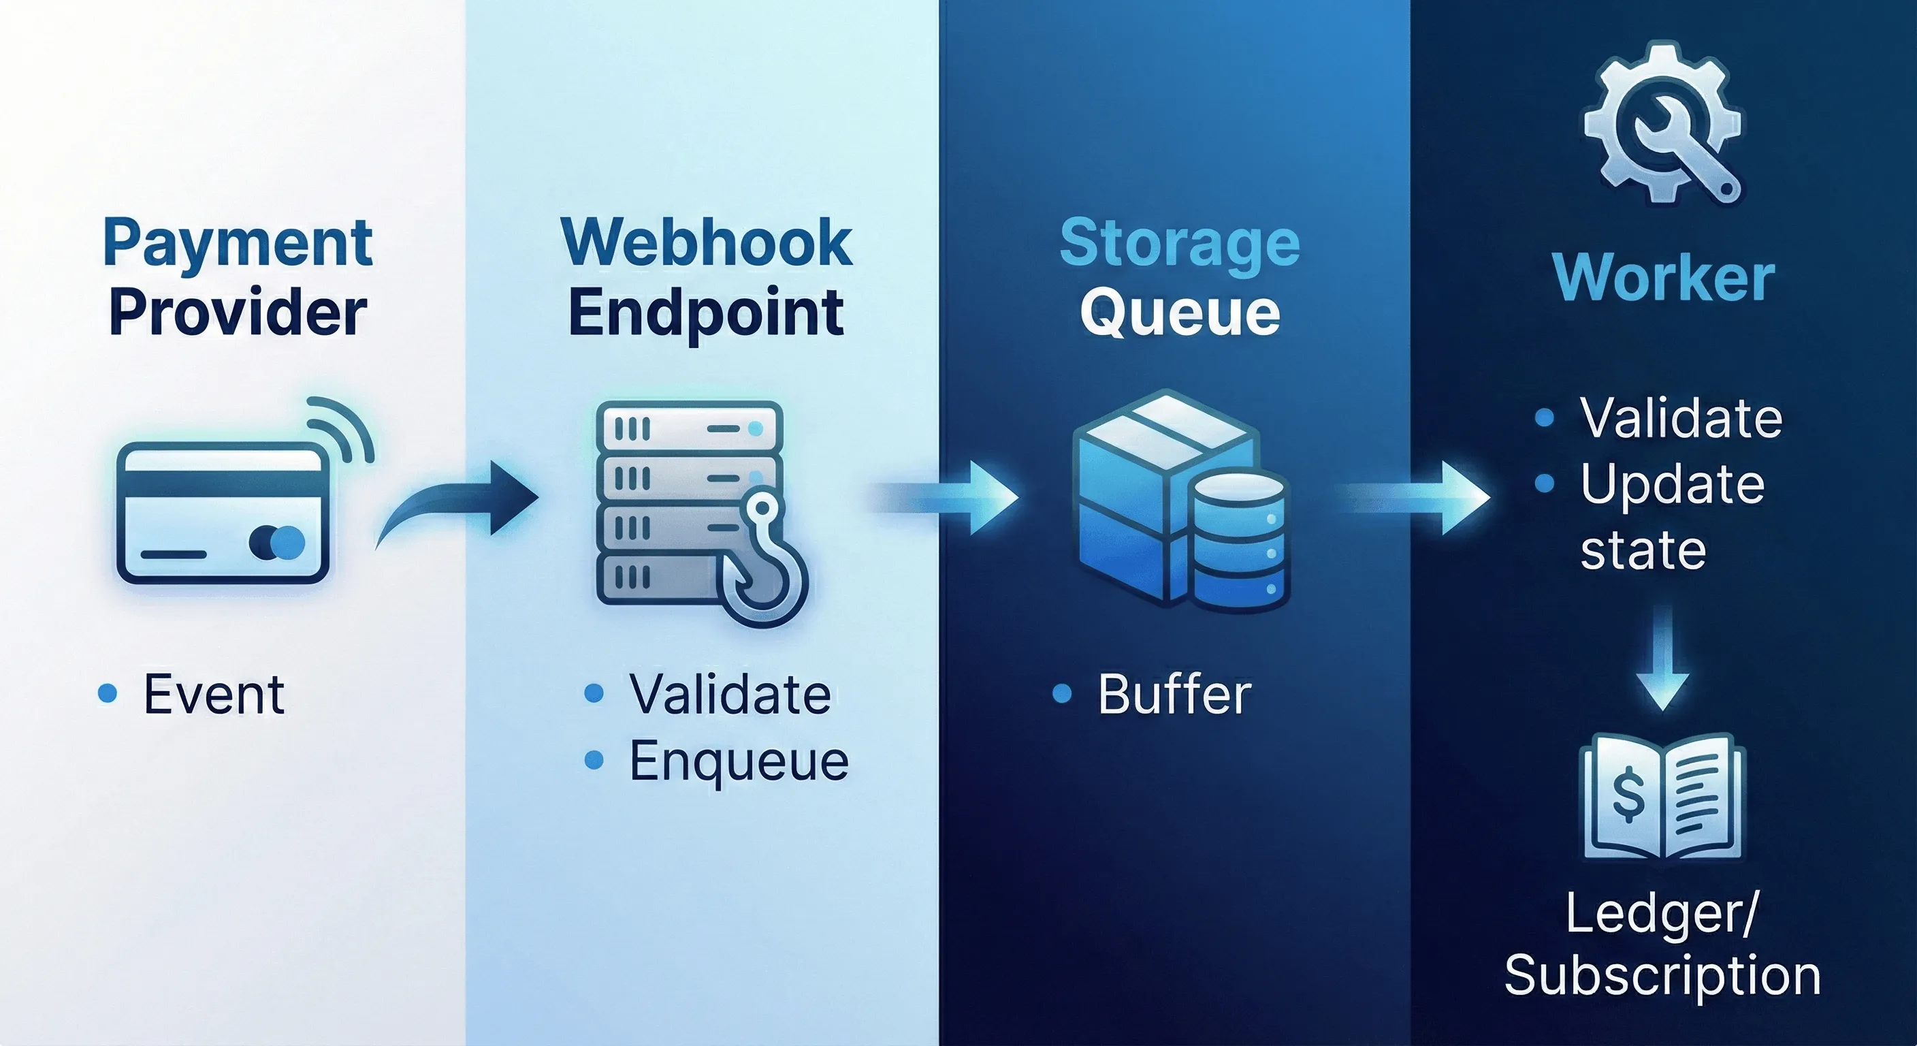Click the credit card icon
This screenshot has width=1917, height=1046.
point(223,513)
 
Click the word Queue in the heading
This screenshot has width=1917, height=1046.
point(1180,313)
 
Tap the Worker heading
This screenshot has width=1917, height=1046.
point(1664,278)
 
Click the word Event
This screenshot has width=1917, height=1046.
point(214,695)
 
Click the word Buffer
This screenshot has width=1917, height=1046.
point(1174,695)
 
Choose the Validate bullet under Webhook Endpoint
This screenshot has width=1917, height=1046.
point(729,695)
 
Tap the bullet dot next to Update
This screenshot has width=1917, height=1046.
point(1544,484)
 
